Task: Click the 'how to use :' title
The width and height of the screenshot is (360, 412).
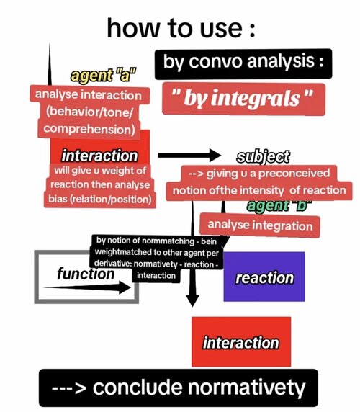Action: coord(181,28)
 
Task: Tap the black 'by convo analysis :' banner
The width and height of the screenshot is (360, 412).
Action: coord(243,64)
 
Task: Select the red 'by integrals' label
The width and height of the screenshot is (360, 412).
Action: coord(243,99)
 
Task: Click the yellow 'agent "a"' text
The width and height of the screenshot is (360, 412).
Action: coord(103,76)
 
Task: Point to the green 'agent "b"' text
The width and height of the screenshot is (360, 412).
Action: coord(279,205)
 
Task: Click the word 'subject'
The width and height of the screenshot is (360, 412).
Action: coord(263,157)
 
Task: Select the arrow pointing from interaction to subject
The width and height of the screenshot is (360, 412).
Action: coord(189,155)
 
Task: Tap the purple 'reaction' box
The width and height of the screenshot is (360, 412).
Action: coord(264,277)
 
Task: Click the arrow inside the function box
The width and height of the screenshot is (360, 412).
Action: coord(87,287)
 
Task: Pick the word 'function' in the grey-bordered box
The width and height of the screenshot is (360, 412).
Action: coord(86,274)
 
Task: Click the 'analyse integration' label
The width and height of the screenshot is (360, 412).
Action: coord(260,225)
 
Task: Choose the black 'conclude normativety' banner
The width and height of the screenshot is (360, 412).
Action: coord(179,388)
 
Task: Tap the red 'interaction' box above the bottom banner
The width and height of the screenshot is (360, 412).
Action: coord(241,342)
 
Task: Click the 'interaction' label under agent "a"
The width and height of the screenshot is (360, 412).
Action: coord(100,156)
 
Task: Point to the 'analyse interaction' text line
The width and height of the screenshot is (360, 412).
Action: coord(89,94)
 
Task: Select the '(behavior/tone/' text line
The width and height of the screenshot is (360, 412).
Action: coord(89,112)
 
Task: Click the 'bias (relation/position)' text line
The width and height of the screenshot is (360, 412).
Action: coord(100,200)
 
